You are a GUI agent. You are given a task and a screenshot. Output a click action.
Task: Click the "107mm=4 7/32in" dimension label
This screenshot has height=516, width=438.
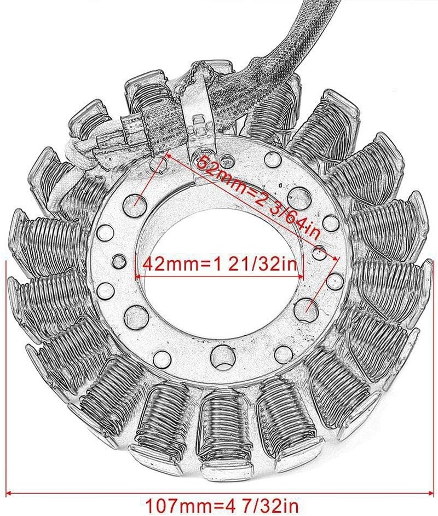point(220,502)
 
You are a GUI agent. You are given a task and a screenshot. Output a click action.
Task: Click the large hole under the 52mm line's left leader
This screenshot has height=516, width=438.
point(134,205)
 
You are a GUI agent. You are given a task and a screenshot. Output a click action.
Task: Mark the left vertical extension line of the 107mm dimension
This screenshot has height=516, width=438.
point(6,378)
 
